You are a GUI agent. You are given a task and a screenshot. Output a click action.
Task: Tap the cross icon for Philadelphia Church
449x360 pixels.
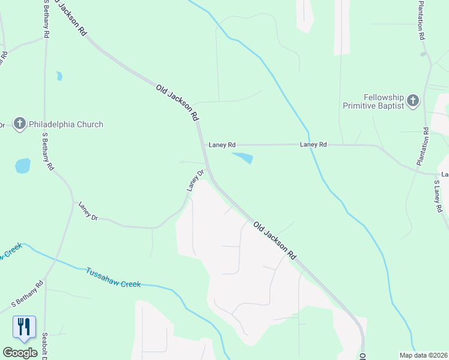point(19,124)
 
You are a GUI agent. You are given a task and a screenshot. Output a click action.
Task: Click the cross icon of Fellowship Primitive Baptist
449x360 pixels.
point(413,101)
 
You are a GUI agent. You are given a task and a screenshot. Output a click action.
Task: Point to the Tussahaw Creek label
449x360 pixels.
point(113,277)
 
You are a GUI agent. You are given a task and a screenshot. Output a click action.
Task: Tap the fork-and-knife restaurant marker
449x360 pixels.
point(24,327)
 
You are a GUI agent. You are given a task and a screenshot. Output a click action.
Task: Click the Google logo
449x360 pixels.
point(20,353)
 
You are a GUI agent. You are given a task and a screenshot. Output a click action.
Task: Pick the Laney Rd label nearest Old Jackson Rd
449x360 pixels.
point(222,145)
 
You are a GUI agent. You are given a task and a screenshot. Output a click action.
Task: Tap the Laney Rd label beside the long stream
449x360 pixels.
point(313,145)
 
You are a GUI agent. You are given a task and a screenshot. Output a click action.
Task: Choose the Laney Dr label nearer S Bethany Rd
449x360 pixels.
point(88,211)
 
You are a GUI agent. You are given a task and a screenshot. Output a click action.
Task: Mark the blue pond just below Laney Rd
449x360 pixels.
point(243,158)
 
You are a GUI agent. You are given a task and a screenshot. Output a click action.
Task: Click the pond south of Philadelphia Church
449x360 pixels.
point(22,166)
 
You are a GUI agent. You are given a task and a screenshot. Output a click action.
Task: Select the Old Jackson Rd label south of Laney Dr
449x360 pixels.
point(275,240)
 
